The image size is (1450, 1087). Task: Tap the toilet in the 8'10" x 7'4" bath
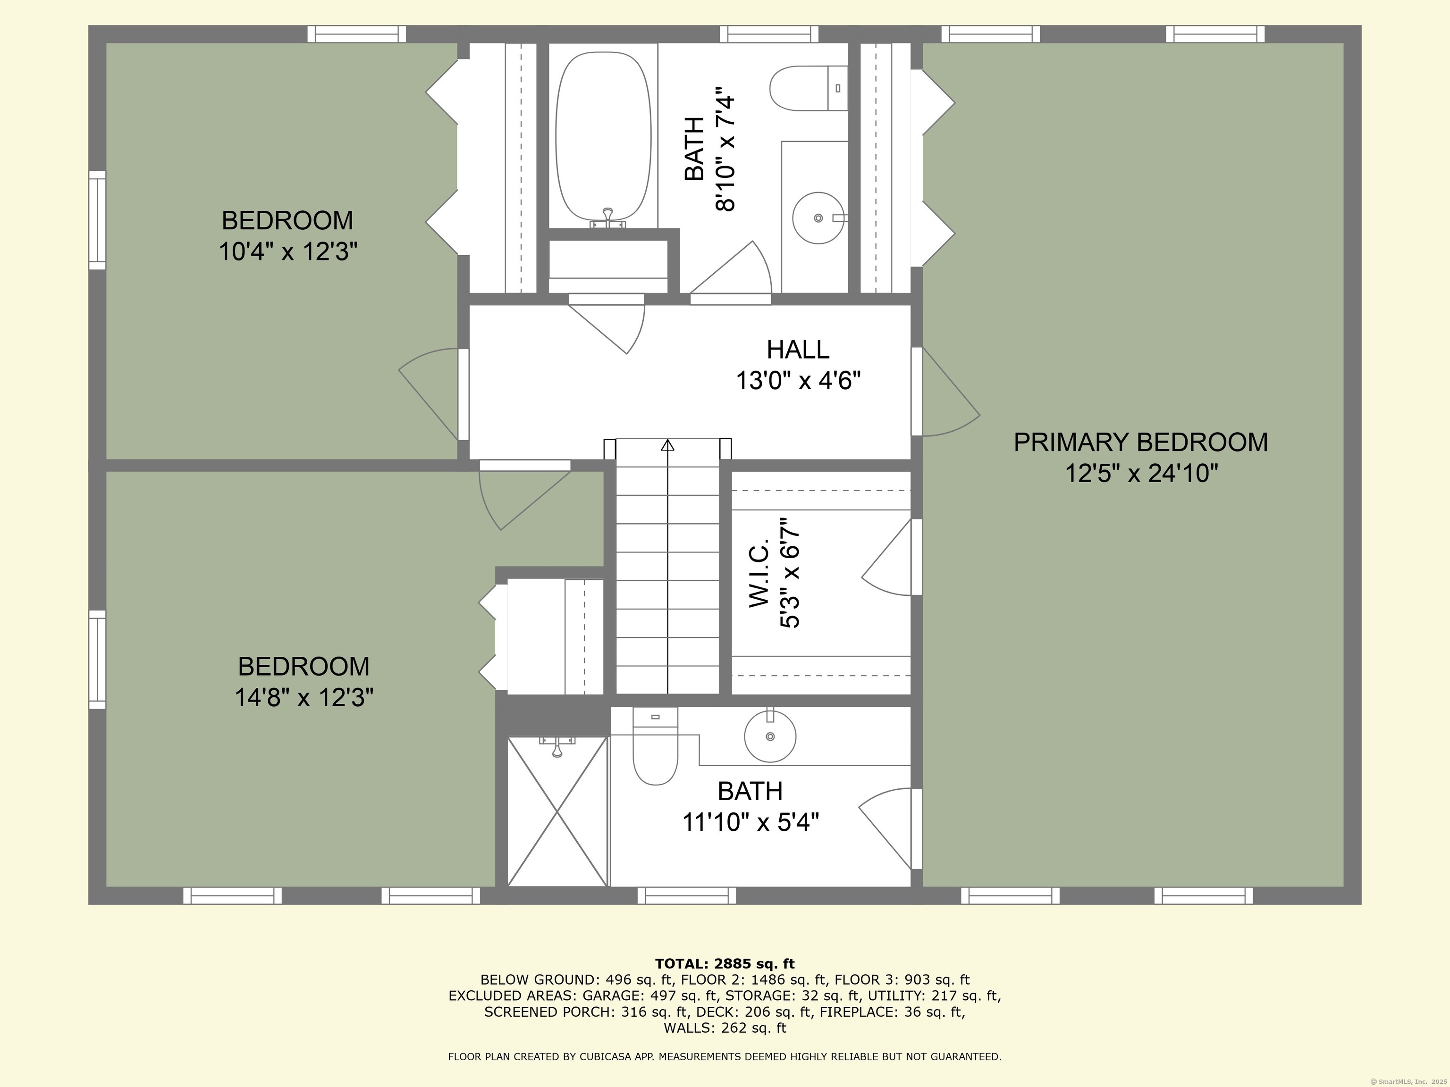(x=808, y=88)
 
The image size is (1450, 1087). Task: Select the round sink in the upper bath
(x=818, y=217)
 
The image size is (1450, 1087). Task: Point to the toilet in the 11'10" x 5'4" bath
(x=655, y=746)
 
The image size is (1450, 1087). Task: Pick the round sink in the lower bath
(x=770, y=736)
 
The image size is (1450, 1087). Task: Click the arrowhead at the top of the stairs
(x=667, y=445)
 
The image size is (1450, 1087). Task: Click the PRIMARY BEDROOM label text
(x=1140, y=442)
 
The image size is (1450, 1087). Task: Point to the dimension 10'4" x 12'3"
(x=288, y=251)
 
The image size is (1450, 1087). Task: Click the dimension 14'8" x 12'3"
(x=304, y=697)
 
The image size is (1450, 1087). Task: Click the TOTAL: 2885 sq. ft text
(x=725, y=963)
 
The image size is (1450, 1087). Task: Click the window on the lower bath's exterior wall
(x=686, y=895)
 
